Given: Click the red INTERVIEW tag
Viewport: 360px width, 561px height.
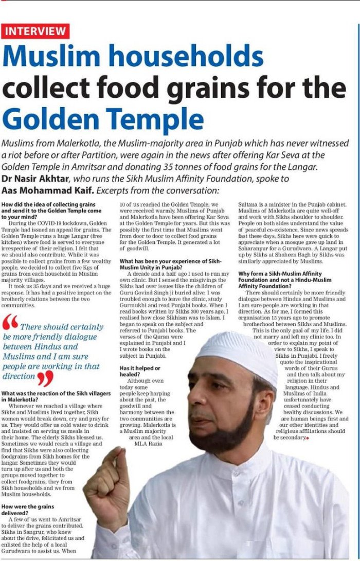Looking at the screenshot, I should pos(35,31).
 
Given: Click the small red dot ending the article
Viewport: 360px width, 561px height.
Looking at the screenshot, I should pos(307,437).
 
